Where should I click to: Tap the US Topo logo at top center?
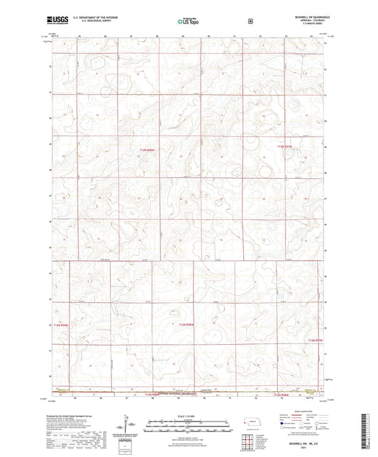[187, 21]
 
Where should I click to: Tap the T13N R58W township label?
[147, 149]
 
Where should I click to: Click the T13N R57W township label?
[284, 146]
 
